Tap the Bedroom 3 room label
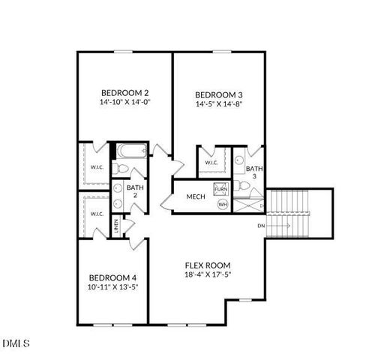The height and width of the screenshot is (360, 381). [x=218, y=94]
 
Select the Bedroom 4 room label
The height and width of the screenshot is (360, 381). [x=112, y=276]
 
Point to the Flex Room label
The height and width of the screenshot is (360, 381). [x=208, y=265]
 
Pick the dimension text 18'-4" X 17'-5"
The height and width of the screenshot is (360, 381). [x=208, y=275]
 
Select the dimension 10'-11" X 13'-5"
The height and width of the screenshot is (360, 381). [x=112, y=286]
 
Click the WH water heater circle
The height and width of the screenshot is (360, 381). [x=222, y=204]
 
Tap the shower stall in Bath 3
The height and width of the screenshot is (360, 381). [x=247, y=202]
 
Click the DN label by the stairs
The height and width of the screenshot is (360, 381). [x=260, y=225]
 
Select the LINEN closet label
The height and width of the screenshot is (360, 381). [x=116, y=224]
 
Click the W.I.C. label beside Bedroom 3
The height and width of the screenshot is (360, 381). [x=211, y=163]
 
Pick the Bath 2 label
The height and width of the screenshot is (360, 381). [x=135, y=192]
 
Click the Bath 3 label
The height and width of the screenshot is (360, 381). [x=254, y=173]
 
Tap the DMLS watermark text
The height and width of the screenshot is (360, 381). [x=16, y=343]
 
